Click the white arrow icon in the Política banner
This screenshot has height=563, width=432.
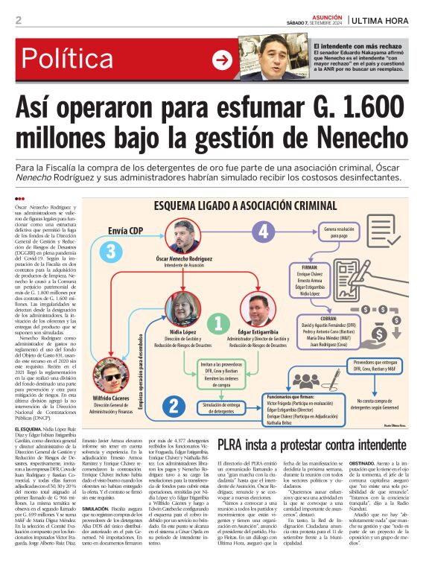tap(221, 60)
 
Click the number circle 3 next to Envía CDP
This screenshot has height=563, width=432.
tap(111, 251)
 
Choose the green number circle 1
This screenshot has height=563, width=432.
tap(218, 322)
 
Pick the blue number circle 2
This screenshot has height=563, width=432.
tap(173, 406)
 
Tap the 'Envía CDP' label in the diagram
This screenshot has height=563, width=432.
tap(125, 231)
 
